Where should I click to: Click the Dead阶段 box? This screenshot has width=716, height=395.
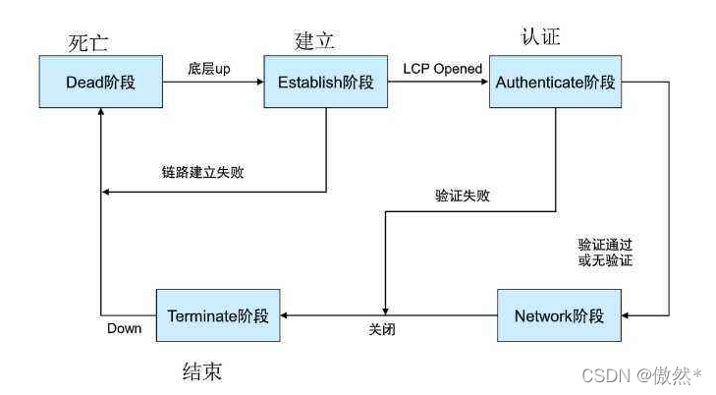click(100, 83)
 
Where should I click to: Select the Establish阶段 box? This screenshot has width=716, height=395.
click(327, 83)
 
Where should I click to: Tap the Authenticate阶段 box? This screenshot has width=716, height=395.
click(555, 83)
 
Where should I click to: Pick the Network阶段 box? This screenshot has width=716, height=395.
click(560, 315)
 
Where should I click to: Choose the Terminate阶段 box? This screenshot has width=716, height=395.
click(218, 315)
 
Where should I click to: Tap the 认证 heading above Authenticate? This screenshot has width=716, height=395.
click(540, 38)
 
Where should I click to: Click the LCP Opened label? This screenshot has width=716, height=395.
click(442, 69)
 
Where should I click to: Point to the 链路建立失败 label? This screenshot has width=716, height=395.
click(203, 172)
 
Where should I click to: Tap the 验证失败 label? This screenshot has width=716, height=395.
click(463, 195)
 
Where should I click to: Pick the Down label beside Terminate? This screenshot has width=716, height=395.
click(124, 328)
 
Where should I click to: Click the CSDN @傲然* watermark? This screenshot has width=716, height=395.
click(642, 374)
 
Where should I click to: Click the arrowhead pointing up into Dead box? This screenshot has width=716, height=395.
click(101, 114)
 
